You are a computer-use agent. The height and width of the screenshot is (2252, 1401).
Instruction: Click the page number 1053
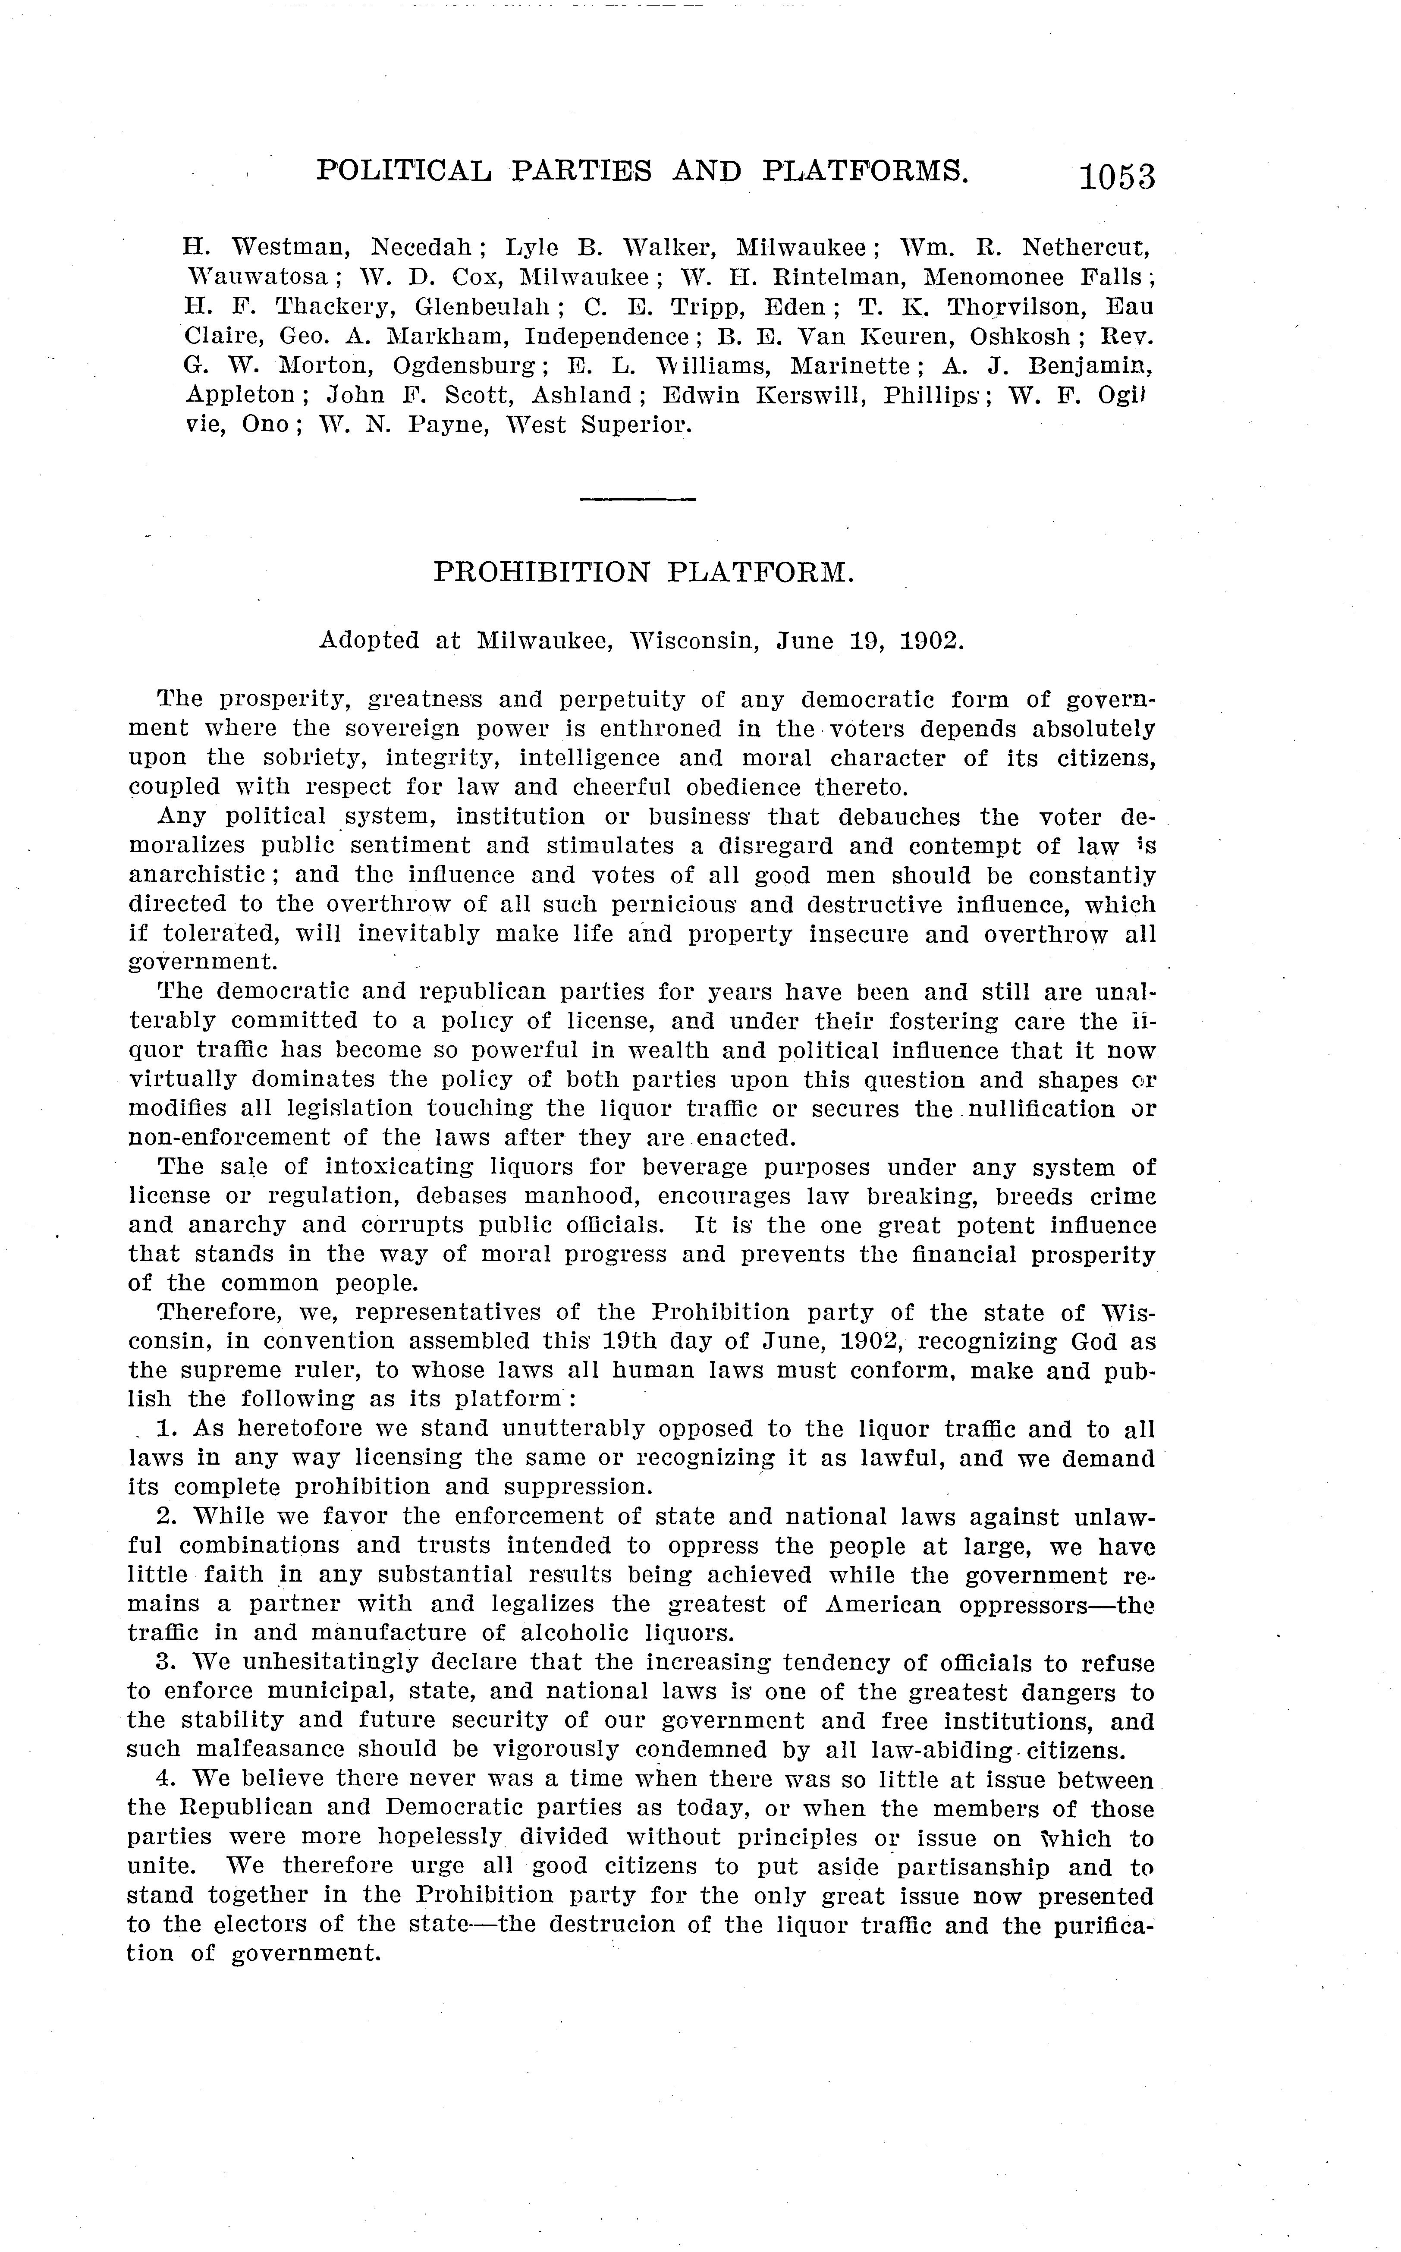tap(1117, 176)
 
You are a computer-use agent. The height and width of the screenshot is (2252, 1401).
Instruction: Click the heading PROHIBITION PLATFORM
tap(643, 572)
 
